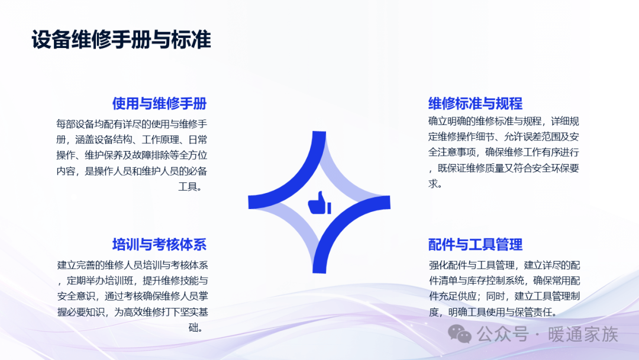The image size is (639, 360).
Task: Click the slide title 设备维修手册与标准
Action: [121, 40]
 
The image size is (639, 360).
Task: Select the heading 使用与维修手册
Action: [159, 104]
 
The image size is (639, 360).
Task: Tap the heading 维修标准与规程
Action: [475, 104]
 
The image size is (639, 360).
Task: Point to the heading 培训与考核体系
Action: [159, 245]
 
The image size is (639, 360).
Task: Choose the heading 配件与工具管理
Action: [475, 245]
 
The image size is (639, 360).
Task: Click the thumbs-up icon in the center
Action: [319, 202]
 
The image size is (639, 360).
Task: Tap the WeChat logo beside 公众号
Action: [459, 335]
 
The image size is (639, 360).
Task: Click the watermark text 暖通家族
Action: [583, 335]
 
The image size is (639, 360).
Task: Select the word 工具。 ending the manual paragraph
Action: [191, 187]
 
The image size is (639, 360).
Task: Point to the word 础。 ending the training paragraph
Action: [196, 327]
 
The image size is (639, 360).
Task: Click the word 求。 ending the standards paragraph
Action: [435, 184]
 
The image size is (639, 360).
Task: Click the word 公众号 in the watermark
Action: [503, 335]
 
